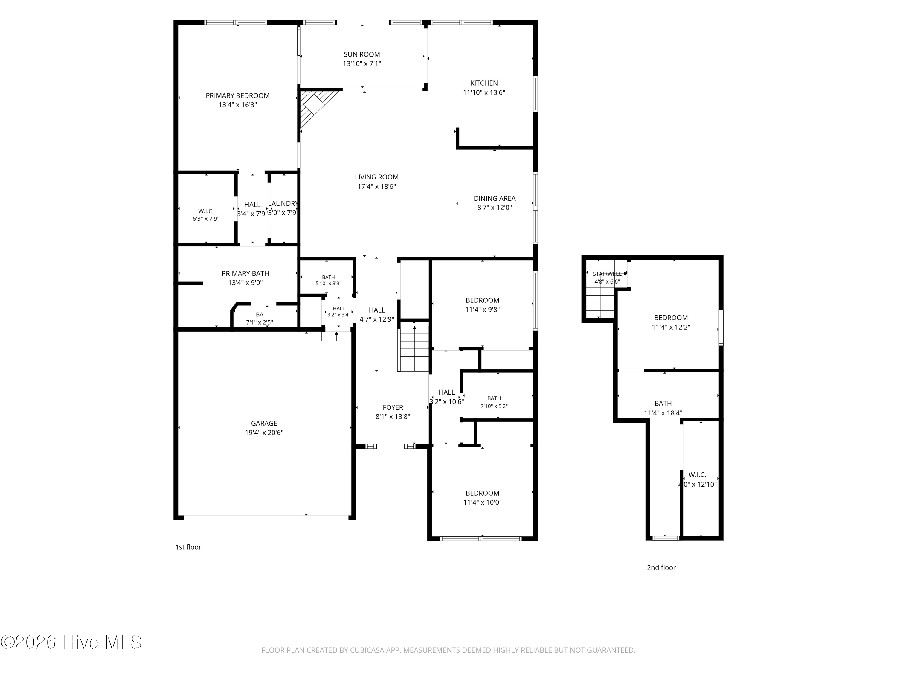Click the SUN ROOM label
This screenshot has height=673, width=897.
pyautogui.click(x=362, y=54)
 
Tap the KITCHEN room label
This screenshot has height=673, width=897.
pyautogui.click(x=484, y=83)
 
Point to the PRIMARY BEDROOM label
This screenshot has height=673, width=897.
pyautogui.click(x=238, y=96)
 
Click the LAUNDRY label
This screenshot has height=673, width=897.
pyautogui.click(x=283, y=204)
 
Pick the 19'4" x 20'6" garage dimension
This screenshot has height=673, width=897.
pyautogui.click(x=264, y=433)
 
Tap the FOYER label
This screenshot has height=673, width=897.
pyautogui.click(x=393, y=408)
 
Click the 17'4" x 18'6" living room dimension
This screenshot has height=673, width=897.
pyautogui.click(x=377, y=187)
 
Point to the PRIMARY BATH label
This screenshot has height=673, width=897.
pyautogui.click(x=245, y=274)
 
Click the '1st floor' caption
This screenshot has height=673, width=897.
pyautogui.click(x=188, y=547)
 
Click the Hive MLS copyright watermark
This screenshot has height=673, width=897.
pyautogui.click(x=71, y=642)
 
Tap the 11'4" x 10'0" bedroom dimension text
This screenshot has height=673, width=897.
pyautogui.click(x=483, y=503)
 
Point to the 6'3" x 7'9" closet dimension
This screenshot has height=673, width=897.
pyautogui.click(x=206, y=219)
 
